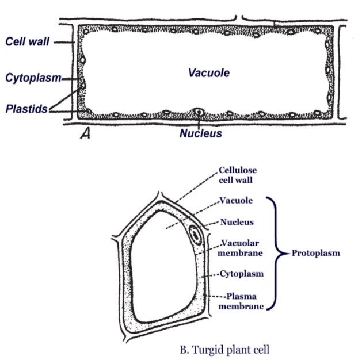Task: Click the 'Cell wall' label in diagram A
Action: pyautogui.click(x=26, y=41)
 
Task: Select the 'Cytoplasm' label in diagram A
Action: pyautogui.click(x=33, y=78)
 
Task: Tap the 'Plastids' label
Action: pyautogui.click(x=26, y=109)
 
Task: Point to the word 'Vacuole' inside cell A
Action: pyautogui.click(x=208, y=73)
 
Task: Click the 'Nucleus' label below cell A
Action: pyautogui.click(x=200, y=133)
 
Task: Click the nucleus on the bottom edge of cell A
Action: pyautogui.click(x=199, y=112)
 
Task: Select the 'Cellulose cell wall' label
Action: pyautogui.click(x=238, y=175)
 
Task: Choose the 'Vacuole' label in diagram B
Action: pyautogui.click(x=234, y=201)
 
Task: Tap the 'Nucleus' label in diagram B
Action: pyautogui.click(x=237, y=222)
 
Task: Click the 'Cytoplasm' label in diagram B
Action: pyautogui.click(x=241, y=274)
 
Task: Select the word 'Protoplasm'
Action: pyautogui.click(x=315, y=253)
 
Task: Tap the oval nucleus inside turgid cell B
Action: pyautogui.click(x=196, y=235)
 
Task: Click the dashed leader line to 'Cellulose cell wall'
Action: pyautogui.click(x=196, y=186)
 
